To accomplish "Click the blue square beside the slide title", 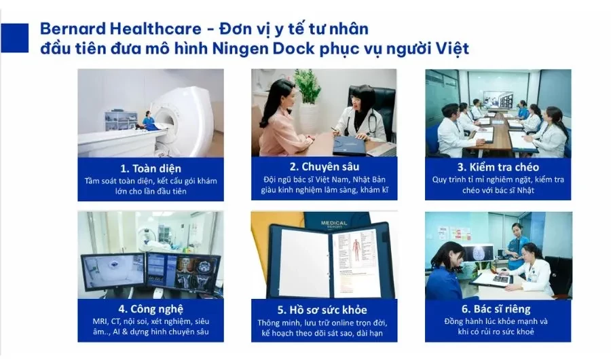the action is point(14,38).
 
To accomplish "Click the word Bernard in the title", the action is point(73,29).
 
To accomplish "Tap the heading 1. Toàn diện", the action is point(151,168).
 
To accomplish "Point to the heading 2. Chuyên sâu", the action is point(325,167).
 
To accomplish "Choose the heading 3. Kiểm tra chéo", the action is point(498,167).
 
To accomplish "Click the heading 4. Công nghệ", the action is point(151,309).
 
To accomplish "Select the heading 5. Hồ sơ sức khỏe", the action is point(322,310).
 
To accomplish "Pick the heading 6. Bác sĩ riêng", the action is point(496,309).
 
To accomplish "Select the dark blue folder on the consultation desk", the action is point(350,145).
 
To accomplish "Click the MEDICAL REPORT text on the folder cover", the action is point(334,225).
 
